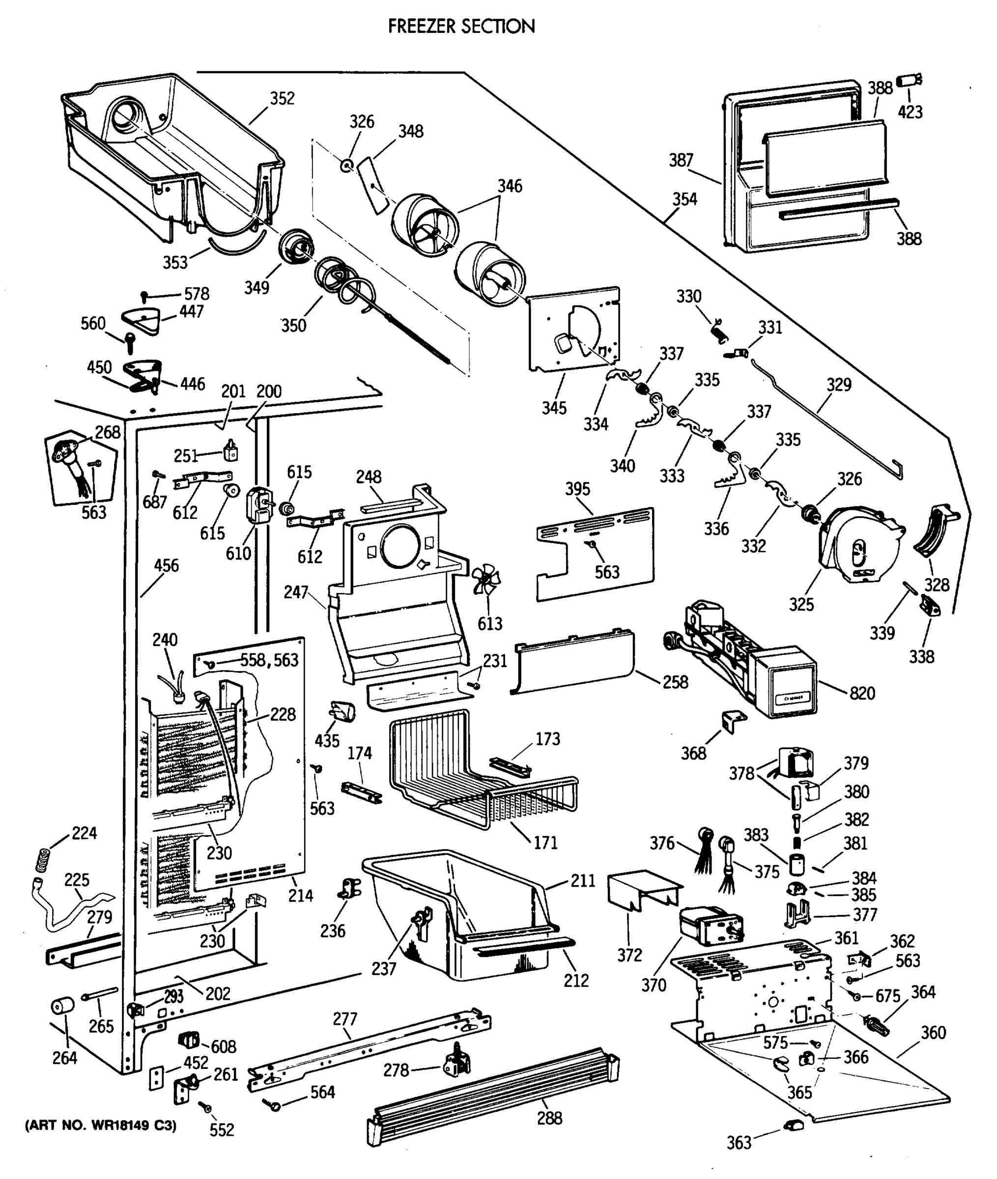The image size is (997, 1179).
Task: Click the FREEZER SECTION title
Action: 461,27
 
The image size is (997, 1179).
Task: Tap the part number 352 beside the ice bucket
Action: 282,99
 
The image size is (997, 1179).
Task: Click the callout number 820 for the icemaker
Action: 862,693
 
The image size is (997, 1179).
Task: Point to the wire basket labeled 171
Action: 481,774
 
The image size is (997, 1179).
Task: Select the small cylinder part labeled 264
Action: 63,1006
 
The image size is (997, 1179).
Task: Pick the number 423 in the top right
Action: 910,112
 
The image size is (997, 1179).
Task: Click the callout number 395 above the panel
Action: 577,489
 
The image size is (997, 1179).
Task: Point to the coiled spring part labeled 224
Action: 41,860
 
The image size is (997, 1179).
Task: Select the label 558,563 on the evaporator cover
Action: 269,660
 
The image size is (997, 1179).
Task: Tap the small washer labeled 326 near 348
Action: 347,166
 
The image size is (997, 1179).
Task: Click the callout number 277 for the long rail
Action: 345,1019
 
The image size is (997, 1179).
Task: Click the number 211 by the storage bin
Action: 583,881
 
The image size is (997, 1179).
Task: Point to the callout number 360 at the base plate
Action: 933,1033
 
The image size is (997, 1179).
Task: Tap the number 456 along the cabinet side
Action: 166,565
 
